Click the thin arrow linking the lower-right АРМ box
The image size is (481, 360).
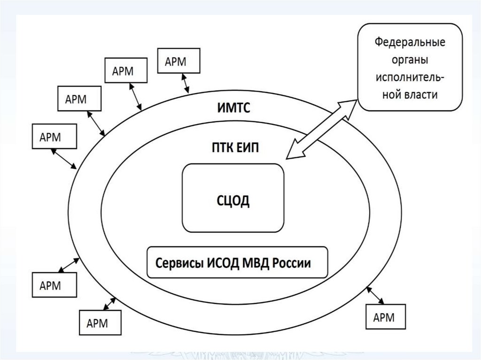[376, 295]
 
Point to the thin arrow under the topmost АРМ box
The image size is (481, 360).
[186, 83]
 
